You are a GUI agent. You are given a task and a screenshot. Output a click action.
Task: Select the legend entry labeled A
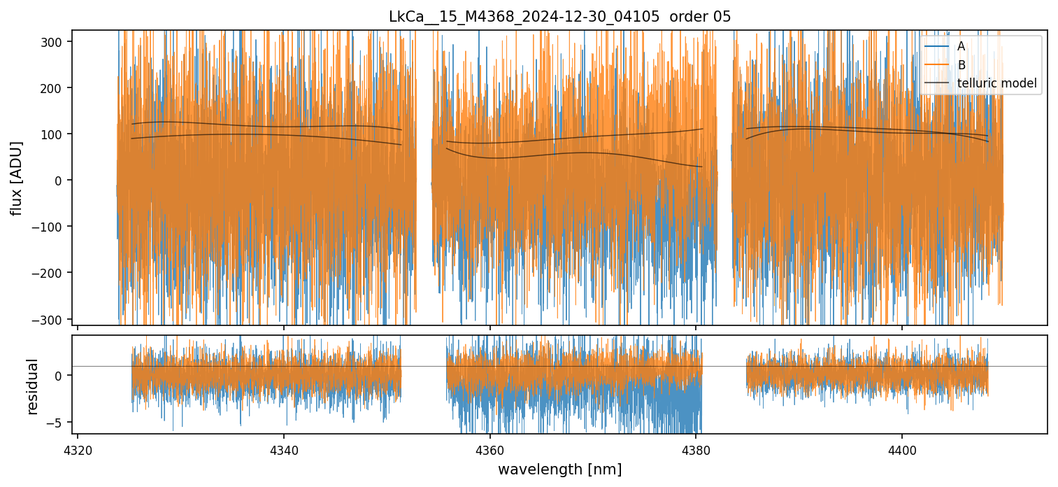click(961, 46)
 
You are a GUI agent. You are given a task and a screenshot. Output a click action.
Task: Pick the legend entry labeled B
click(961, 65)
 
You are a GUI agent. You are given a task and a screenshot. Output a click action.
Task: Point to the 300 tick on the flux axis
click(57, 42)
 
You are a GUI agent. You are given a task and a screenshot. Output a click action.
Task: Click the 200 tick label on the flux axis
click(57, 88)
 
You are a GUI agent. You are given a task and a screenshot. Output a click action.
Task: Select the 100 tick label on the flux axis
click(57, 134)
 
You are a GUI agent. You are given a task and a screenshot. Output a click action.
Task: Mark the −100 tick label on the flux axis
click(54, 227)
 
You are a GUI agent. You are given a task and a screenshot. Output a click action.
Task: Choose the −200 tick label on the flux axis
click(54, 273)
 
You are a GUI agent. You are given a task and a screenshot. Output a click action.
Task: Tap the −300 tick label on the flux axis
click(54, 319)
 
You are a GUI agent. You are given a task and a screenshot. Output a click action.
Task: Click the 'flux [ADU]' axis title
click(16, 178)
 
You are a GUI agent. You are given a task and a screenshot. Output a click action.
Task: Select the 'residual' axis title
click(32, 386)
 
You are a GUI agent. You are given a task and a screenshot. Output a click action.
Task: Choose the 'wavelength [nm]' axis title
click(559, 469)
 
